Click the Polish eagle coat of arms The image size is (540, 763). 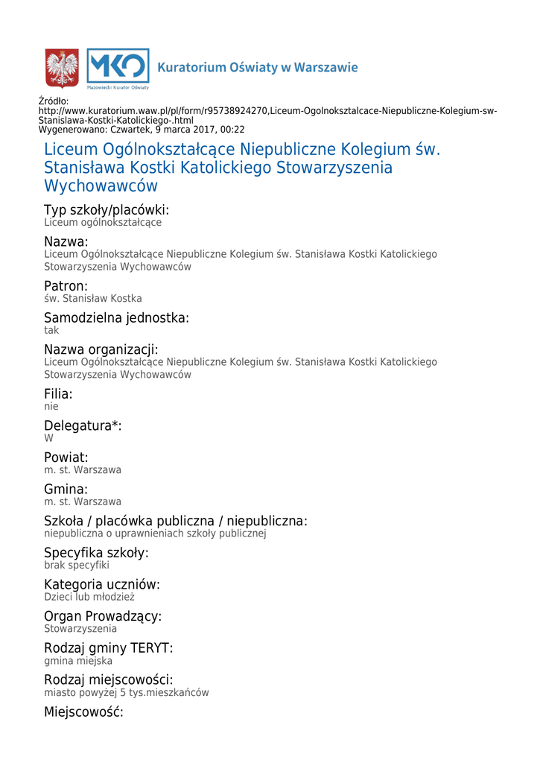pyautogui.click(x=62, y=68)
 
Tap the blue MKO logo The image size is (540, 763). pyautogui.click(x=118, y=68)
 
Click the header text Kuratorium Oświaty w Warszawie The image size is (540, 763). pyautogui.click(x=257, y=68)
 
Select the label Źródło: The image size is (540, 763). pyautogui.click(x=53, y=101)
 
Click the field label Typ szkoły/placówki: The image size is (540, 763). pyautogui.click(x=107, y=210)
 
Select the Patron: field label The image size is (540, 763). pyautogui.click(x=66, y=286)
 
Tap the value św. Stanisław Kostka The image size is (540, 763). pyautogui.click(x=92, y=299)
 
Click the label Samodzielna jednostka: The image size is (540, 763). pyautogui.click(x=116, y=318)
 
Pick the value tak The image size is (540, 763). pyautogui.click(x=51, y=330)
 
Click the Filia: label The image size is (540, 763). pyautogui.click(x=58, y=394)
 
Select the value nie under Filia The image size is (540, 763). pyautogui.click(x=51, y=407)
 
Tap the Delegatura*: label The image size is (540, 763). pyautogui.click(x=83, y=426)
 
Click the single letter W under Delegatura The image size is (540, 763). pyautogui.click(x=48, y=439)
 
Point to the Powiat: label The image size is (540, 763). pyautogui.click(x=66, y=458)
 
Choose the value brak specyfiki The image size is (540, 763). pyautogui.click(x=77, y=566)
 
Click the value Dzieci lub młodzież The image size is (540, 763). pyautogui.click(x=89, y=597)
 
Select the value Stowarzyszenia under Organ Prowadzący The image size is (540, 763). pyautogui.click(x=80, y=629)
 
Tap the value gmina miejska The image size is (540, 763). pyautogui.click(x=78, y=661)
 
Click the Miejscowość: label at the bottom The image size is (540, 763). pyautogui.click(x=83, y=712)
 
